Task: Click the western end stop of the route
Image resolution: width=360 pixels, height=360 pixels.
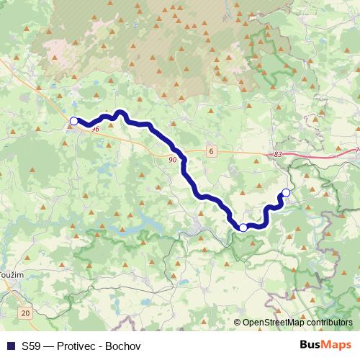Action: [x=73, y=121]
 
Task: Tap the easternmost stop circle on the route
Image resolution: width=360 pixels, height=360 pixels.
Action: [x=286, y=192]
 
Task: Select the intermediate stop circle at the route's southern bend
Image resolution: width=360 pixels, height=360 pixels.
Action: [x=243, y=227]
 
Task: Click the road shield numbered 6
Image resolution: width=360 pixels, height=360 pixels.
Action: [x=210, y=151]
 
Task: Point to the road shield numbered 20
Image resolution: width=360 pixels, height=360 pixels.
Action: [x=26, y=313]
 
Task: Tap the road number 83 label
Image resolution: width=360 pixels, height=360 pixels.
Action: [x=279, y=155]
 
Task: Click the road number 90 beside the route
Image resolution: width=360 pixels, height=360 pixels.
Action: [x=173, y=160]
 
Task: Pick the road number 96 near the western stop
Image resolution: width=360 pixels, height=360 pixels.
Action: [x=95, y=128]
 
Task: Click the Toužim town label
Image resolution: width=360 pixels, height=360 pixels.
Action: [x=10, y=275]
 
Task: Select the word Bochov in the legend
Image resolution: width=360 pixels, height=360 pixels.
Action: [x=122, y=346]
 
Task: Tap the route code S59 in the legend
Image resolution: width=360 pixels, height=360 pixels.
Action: [x=30, y=346]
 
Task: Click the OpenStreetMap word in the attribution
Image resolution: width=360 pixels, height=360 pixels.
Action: [x=274, y=323]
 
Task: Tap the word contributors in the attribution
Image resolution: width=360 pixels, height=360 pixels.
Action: [x=330, y=323]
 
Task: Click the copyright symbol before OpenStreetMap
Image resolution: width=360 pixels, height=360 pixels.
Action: [x=238, y=323]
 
